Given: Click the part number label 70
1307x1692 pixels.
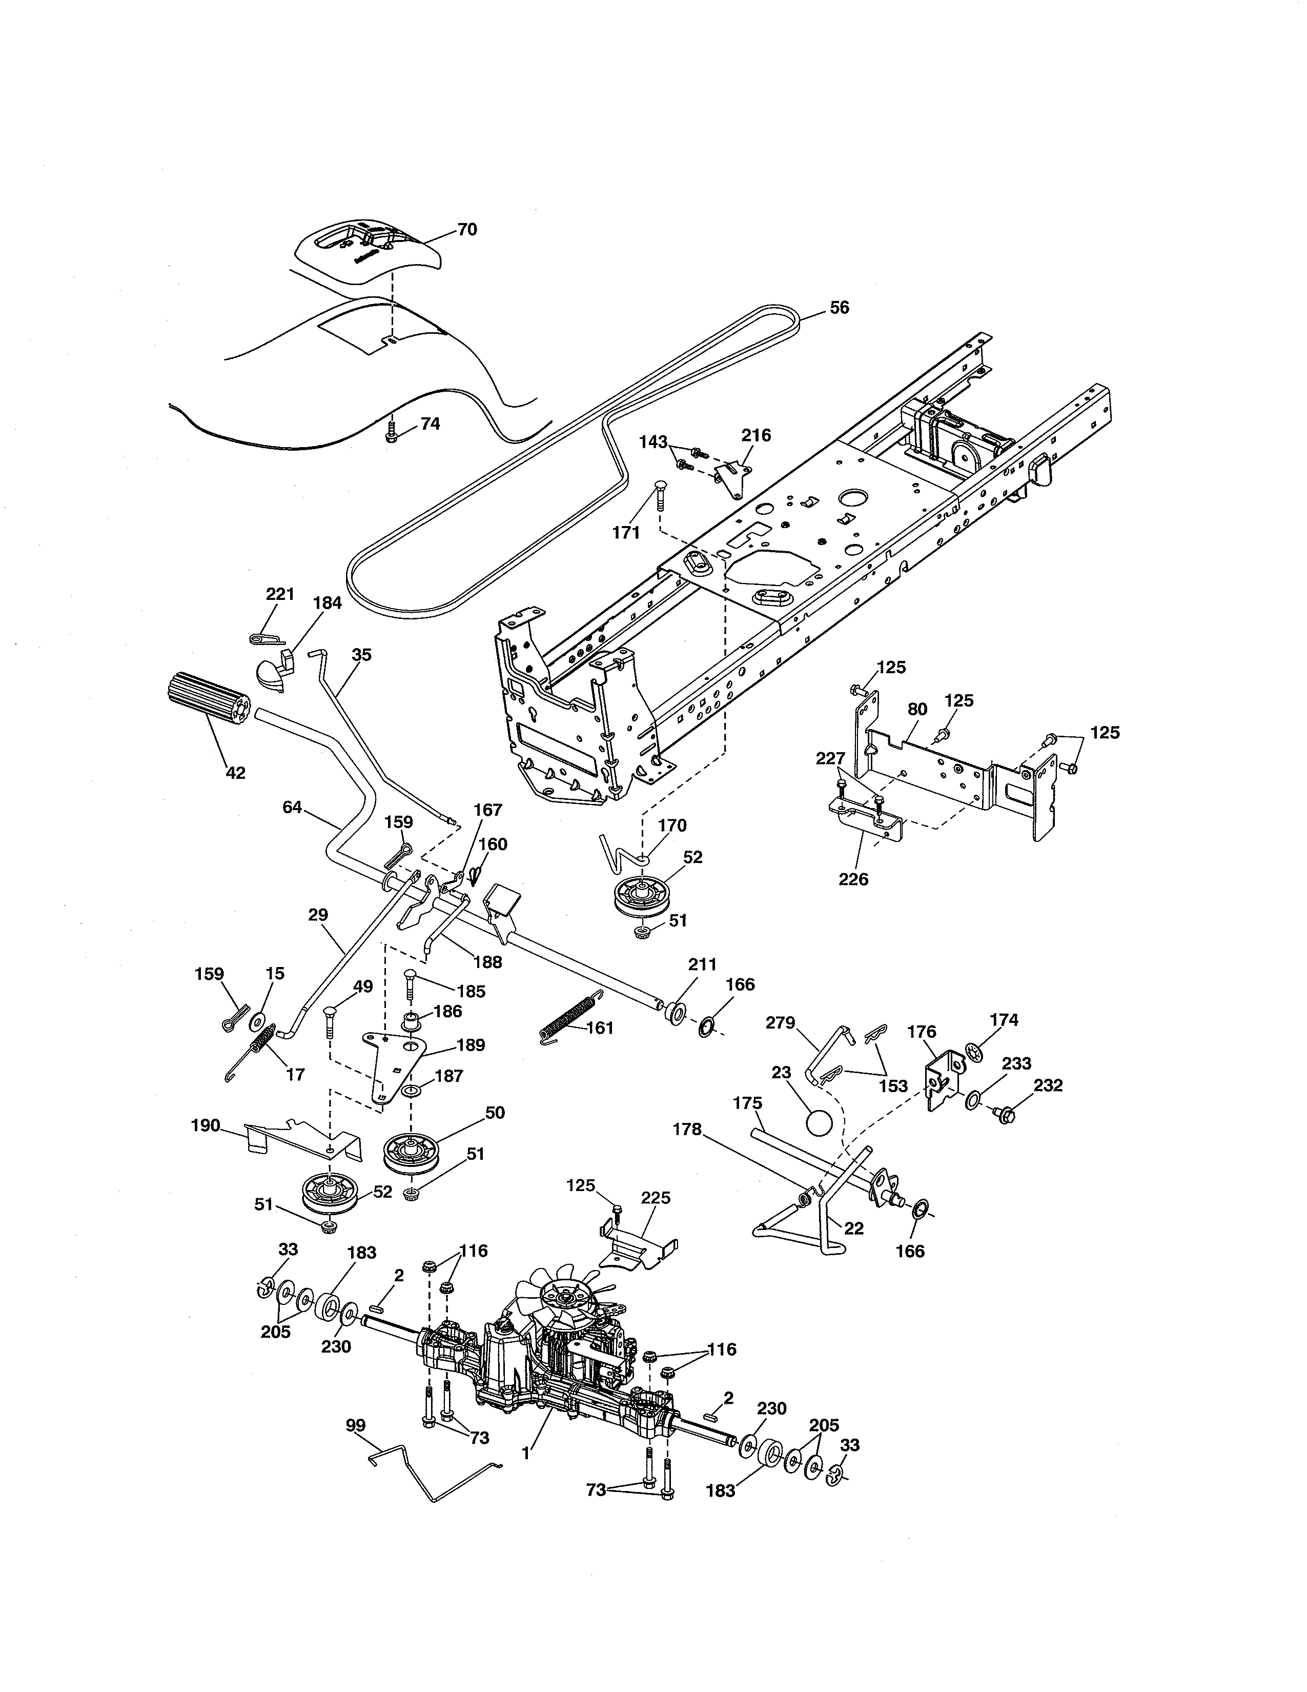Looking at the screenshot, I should tap(467, 229).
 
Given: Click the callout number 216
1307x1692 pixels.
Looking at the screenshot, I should tap(755, 435).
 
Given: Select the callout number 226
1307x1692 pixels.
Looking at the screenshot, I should tap(853, 879).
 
